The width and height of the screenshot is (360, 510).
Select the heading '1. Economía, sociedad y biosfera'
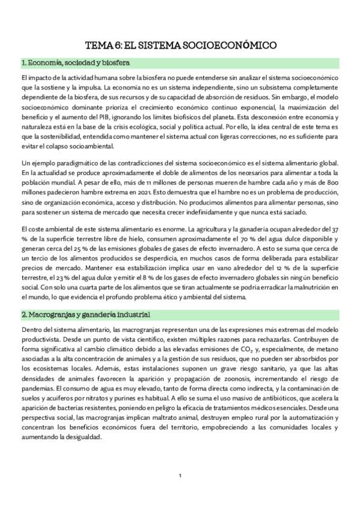[x=75, y=63]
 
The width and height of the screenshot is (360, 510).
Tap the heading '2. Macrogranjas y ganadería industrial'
[x=86, y=315]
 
